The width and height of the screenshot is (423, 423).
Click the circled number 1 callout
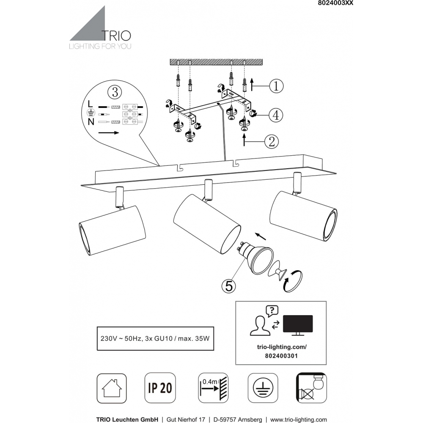pyautogui.click(x=276, y=86)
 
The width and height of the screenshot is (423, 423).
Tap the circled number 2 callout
pyautogui.click(x=272, y=141)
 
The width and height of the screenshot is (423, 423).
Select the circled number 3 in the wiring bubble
pyautogui.click(x=115, y=92)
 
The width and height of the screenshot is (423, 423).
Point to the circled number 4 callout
pyautogui.click(x=276, y=115)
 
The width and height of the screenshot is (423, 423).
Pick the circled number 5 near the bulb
pyautogui.click(x=229, y=286)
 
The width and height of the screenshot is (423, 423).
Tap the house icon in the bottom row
pyautogui.click(x=112, y=388)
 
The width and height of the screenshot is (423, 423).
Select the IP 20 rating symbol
pyautogui.click(x=160, y=388)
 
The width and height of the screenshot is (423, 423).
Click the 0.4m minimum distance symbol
pyautogui.click(x=213, y=388)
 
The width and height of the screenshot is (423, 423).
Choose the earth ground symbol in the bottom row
pyautogui.click(x=263, y=388)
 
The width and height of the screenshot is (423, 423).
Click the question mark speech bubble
pyautogui.click(x=272, y=311)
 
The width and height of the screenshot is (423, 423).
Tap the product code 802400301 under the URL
pyautogui.click(x=281, y=356)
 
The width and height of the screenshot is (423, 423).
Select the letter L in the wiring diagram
pyautogui.click(x=91, y=103)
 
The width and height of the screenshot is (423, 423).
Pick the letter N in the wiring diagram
pyautogui.click(x=91, y=122)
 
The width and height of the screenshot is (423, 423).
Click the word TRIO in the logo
pyautogui.click(x=116, y=36)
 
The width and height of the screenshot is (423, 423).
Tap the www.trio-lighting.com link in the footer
pyautogui.click(x=298, y=420)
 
